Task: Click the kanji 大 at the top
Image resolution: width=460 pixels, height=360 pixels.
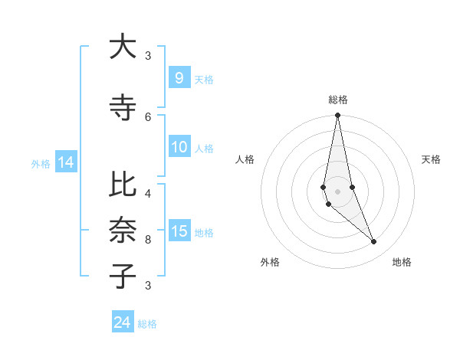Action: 123,47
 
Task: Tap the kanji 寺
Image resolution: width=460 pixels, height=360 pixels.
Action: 123,108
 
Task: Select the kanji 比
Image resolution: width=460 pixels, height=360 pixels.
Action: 123,185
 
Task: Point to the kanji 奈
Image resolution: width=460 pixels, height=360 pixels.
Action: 123,231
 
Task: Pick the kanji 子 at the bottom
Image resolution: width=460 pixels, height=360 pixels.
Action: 123,276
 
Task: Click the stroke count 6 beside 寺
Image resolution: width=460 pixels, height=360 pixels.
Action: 148,116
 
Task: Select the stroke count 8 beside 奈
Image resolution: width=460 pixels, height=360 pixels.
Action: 148,239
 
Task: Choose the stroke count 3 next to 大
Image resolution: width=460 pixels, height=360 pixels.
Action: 148,55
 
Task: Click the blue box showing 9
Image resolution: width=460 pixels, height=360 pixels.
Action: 179,77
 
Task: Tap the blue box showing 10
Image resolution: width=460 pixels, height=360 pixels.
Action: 179,147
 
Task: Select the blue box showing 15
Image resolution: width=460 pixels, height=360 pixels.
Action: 179,231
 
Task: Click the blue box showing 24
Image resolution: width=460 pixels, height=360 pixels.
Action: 123,322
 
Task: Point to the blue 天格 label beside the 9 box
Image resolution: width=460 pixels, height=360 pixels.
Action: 204,79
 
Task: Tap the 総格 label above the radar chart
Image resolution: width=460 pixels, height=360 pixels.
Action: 338,100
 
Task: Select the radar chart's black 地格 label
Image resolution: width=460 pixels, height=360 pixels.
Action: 402,262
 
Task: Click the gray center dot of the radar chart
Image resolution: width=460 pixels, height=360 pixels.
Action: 338,191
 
